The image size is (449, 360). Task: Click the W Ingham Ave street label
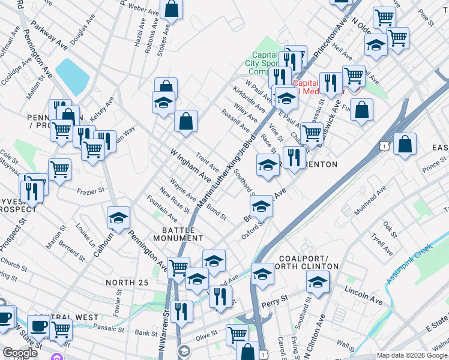[x=190, y=166]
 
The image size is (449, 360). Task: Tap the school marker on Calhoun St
[x=118, y=218]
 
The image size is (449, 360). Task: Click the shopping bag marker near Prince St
[x=405, y=144]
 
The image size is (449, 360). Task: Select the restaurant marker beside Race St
[x=294, y=158]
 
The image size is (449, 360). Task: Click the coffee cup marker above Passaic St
[x=40, y=326]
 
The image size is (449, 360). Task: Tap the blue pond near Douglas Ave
[x=73, y=76]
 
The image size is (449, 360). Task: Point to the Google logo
[x=20, y=353]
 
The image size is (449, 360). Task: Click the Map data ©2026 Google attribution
[x=411, y=355]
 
